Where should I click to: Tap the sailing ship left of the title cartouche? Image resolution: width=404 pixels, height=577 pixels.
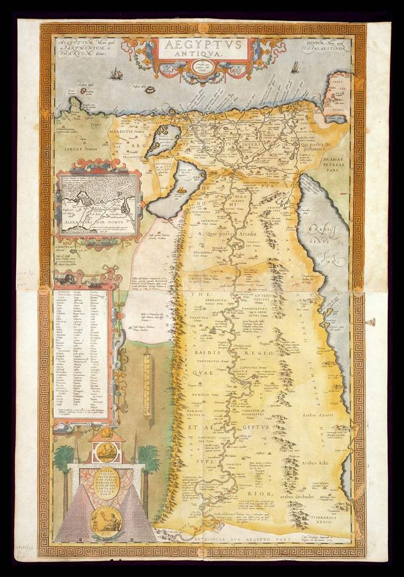point(116,73)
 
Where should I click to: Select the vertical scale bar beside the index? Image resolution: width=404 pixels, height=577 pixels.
point(147,383)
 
